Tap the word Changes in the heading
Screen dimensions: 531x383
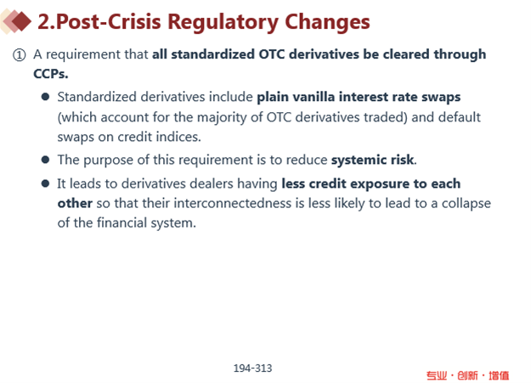327,22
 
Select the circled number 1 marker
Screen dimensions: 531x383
19,54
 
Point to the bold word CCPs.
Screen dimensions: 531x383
51,74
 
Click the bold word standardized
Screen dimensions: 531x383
212,54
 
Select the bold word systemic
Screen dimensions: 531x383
359,160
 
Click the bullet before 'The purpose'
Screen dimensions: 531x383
45,160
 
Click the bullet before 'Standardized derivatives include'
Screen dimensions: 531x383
45,97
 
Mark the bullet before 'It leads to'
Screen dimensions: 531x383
45,183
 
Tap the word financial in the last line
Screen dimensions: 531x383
121,222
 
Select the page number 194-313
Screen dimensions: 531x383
252,368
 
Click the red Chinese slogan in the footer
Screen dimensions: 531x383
467,375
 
